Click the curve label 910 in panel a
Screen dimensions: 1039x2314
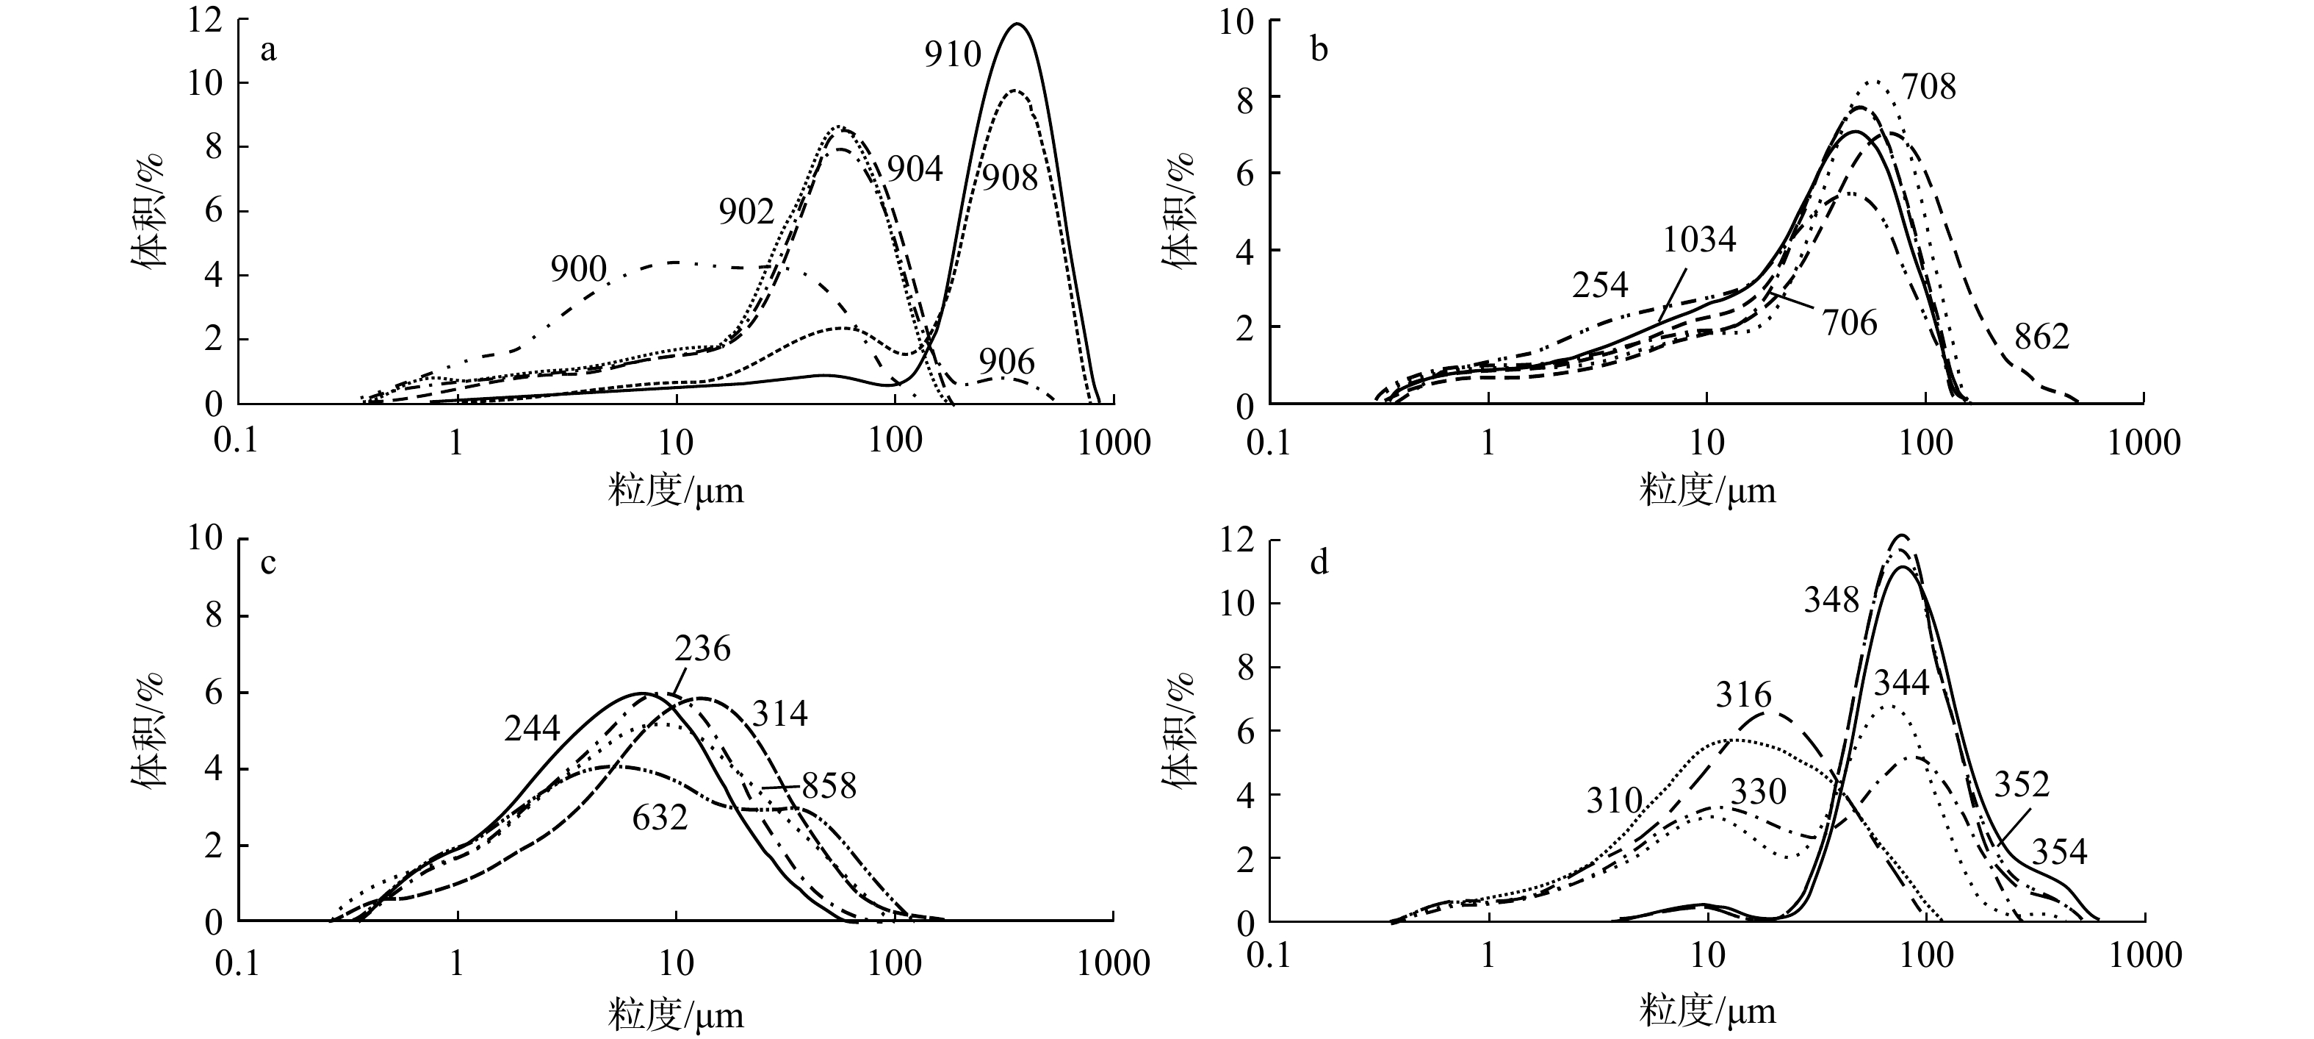[953, 55]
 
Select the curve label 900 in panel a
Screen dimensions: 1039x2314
[579, 268]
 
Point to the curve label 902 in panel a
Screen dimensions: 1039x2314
[746, 211]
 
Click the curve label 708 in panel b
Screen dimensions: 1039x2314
[1928, 88]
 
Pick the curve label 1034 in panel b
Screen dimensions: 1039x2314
[1698, 239]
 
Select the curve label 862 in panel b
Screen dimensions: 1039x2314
[2041, 337]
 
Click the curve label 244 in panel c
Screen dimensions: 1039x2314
[532, 728]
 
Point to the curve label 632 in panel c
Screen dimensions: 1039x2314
[660, 817]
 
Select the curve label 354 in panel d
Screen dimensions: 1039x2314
[2060, 851]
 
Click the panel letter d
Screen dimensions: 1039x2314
[1319, 563]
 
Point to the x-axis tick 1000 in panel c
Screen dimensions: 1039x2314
[1114, 963]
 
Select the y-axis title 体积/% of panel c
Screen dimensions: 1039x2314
[150, 730]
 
